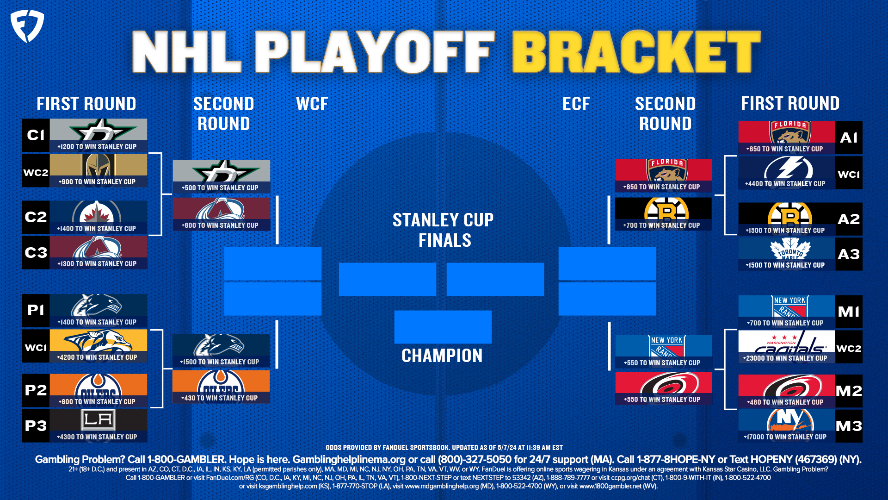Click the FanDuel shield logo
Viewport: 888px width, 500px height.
[x=27, y=26]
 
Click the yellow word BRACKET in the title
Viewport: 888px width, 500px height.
[x=636, y=52]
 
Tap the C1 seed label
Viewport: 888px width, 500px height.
[x=36, y=135]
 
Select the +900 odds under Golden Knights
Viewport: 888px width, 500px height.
[x=97, y=182]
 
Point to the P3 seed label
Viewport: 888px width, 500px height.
[x=36, y=426]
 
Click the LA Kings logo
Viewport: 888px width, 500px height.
[x=98, y=420]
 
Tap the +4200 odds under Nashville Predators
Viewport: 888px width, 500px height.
[x=97, y=357]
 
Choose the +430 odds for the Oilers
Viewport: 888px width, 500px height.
[x=220, y=398]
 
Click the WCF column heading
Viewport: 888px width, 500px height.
[x=312, y=104]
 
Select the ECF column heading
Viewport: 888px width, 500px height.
[x=576, y=104]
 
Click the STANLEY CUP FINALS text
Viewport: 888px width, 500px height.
[x=443, y=230]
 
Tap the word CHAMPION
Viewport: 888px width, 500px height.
[x=442, y=356]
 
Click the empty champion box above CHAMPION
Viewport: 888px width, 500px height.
[x=443, y=327]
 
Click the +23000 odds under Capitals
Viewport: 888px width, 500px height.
[x=785, y=358]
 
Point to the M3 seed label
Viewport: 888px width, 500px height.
[x=849, y=426]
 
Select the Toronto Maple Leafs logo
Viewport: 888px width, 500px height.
[x=790, y=250]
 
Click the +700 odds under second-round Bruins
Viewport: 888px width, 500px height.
[x=661, y=225]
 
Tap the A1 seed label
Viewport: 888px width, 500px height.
[x=849, y=137]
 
